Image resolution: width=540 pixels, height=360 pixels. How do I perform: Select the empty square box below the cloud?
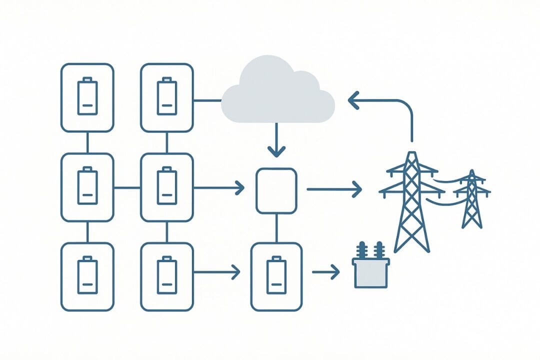coord(276,190)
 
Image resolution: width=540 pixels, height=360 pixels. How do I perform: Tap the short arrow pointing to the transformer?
coord(326,272)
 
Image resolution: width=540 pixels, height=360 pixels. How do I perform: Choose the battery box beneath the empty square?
coord(276,276)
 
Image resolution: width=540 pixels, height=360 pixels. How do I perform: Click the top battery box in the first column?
coord(87,97)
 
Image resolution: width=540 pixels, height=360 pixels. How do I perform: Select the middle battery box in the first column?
coord(87,187)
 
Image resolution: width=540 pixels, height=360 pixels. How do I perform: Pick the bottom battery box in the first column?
coord(87,276)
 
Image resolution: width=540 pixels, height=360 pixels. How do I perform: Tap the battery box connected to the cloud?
coord(167,97)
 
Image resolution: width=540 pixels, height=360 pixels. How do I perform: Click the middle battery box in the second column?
coord(167,187)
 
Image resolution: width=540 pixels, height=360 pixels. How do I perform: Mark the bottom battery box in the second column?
coord(167,276)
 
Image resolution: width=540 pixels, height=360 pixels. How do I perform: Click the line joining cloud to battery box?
coord(207,100)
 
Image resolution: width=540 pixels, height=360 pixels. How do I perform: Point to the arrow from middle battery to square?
coord(219,188)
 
